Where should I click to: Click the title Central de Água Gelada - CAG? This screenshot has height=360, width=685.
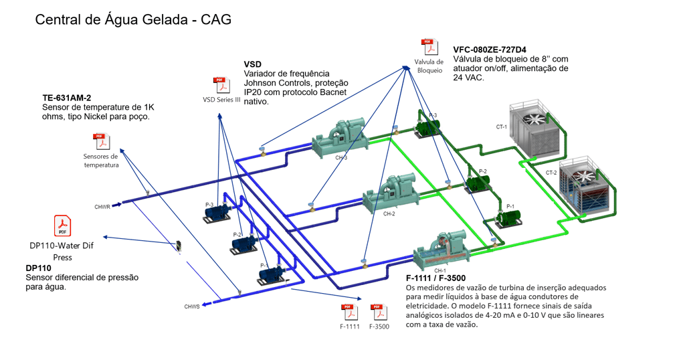point(133,19)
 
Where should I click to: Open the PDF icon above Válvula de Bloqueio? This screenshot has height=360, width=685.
point(429,48)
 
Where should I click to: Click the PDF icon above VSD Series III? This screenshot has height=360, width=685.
point(221,85)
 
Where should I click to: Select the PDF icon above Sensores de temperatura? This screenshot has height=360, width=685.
point(100,142)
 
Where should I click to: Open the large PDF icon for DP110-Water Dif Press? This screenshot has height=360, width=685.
point(62,226)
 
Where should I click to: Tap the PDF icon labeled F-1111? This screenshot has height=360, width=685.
point(350,312)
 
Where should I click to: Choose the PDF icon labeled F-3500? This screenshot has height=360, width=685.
point(379,312)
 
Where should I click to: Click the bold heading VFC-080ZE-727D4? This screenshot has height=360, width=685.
point(489,50)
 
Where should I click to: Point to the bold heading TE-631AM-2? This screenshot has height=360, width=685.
point(66,98)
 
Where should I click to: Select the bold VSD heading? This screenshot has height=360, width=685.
point(253,64)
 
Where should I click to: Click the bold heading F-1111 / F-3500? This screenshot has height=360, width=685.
point(435,278)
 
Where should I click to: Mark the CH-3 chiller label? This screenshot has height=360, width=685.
point(341,158)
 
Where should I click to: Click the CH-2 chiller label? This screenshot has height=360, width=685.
point(389,214)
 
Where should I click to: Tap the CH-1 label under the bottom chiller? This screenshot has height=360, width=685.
point(439,270)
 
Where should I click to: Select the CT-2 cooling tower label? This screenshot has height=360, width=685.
point(551,173)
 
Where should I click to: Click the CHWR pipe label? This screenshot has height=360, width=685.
point(102,207)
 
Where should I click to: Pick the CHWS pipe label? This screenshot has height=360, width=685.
point(192,306)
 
